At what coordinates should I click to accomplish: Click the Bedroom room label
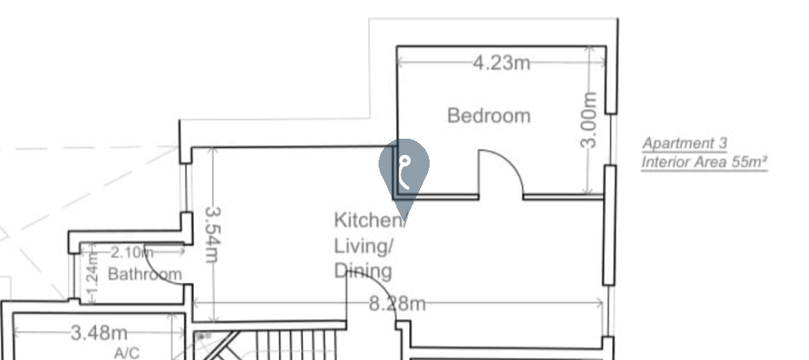(x=488, y=115)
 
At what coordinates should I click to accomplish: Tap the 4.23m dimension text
(x=501, y=63)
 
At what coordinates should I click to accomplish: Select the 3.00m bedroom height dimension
(x=589, y=120)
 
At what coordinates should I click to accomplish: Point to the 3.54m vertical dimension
(x=213, y=235)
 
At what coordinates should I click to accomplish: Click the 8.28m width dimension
(x=397, y=304)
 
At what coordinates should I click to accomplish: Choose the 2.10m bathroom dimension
(x=132, y=253)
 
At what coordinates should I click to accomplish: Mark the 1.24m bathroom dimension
(x=93, y=277)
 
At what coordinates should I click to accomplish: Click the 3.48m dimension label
(x=99, y=333)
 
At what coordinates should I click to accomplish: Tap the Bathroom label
(x=145, y=274)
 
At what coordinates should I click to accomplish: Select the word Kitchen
(x=367, y=220)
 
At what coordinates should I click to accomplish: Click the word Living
(x=363, y=246)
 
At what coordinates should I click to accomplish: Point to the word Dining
(x=363, y=271)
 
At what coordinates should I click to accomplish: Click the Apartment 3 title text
(x=684, y=144)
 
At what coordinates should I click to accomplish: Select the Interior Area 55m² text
(x=704, y=163)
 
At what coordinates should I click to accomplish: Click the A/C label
(x=127, y=353)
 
